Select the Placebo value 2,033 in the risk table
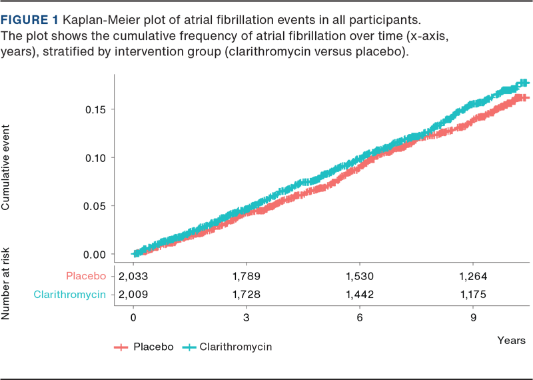coord(133,276)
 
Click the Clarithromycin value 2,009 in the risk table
coord(133,294)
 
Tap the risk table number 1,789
coord(247,276)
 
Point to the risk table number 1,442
coord(360,294)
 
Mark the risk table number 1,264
coord(474,276)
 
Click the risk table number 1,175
coord(474,294)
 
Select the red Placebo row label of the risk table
coord(85,276)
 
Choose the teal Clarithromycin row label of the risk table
coord(70,294)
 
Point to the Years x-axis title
coord(511,340)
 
